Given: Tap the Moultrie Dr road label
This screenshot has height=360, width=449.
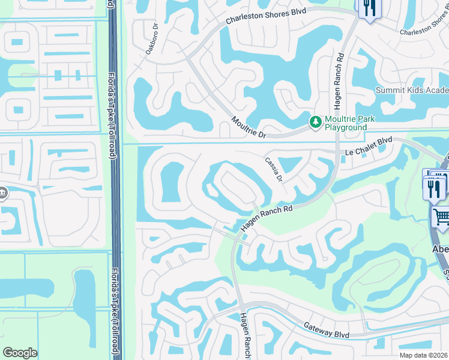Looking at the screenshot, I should pyautogui.click(x=249, y=127).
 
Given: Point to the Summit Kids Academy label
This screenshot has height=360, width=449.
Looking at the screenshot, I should pyautogui.click(x=412, y=90).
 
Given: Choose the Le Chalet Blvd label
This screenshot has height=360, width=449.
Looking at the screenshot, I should pyautogui.click(x=369, y=146).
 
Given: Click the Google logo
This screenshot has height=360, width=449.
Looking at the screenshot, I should pyautogui.click(x=20, y=352).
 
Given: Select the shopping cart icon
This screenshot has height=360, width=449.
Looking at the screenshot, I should pyautogui.click(x=441, y=217).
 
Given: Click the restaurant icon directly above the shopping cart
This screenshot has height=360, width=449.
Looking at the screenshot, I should pyautogui.click(x=433, y=188).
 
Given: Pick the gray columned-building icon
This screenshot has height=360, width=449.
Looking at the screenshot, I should pyautogui.click(x=3, y=193).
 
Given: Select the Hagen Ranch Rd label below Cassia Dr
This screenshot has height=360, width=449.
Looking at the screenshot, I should pyautogui.click(x=267, y=217).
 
